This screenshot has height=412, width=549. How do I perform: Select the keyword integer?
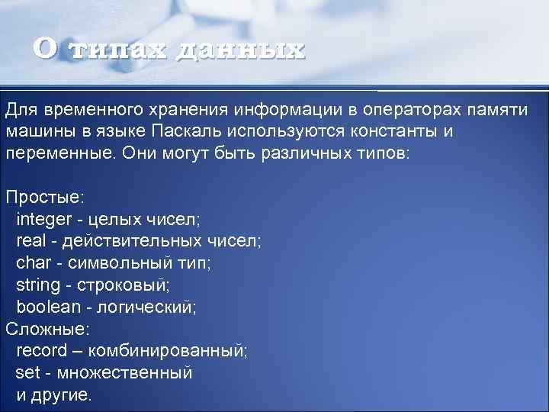(42, 220)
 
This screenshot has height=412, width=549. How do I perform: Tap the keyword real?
(30, 241)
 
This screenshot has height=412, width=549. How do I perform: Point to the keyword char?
(31, 263)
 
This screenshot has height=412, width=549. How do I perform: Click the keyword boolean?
(48, 307)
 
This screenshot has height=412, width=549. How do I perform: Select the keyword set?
(26, 373)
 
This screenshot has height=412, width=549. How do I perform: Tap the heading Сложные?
(47, 329)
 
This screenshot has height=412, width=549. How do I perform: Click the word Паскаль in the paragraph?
(186, 131)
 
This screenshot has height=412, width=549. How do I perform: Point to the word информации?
(284, 110)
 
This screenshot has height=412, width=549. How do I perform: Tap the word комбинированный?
(168, 351)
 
